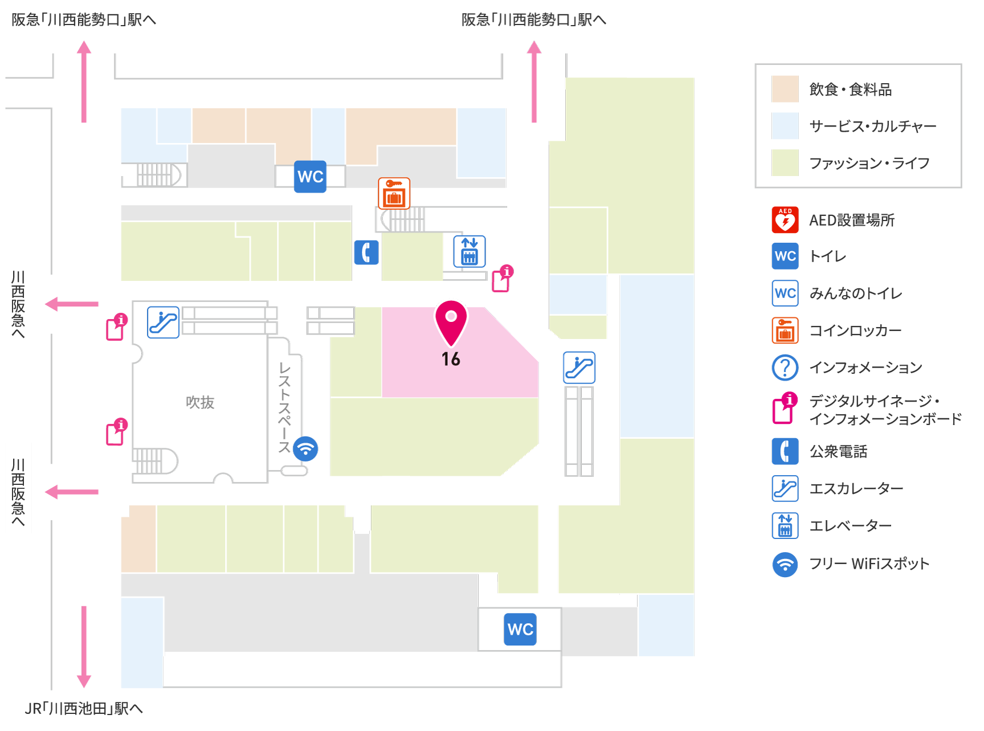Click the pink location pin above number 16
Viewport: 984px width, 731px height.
click(451, 322)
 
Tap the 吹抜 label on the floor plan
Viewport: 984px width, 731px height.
click(200, 402)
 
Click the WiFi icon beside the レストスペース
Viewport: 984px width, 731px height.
click(305, 448)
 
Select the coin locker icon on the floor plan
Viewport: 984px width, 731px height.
click(394, 193)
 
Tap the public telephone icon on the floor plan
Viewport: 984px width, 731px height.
click(366, 252)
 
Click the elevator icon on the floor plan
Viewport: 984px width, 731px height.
click(469, 251)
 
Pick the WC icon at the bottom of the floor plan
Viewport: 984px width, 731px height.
click(520, 629)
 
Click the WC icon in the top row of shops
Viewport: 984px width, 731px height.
click(311, 177)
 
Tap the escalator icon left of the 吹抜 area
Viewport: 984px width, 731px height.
click(164, 322)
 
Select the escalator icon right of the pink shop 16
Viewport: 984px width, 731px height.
click(579, 367)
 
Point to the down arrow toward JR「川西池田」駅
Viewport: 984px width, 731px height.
click(84, 647)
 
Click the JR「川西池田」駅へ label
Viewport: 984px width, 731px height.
click(84, 708)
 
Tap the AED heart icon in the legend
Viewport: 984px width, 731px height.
click(785, 220)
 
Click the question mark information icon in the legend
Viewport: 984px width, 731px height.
click(785, 367)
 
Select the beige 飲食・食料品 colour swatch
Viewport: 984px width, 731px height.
click(785, 89)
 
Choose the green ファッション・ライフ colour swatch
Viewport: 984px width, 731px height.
click(785, 163)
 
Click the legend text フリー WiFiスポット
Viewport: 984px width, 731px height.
click(869, 564)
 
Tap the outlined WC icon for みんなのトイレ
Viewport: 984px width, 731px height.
click(785, 293)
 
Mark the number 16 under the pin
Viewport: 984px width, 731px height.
click(451, 359)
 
